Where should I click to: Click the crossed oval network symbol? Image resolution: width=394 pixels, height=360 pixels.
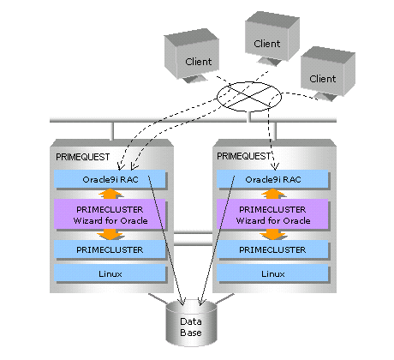click(249, 97)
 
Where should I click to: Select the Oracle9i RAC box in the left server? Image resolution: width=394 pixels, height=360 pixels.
click(110, 179)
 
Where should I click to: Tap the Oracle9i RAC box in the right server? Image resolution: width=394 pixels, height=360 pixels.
click(272, 179)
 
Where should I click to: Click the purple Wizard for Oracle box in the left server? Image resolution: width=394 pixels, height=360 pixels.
click(110, 214)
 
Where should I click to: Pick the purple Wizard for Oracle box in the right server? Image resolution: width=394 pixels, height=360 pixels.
click(272, 214)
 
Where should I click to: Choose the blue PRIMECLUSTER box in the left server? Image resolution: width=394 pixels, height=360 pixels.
click(110, 249)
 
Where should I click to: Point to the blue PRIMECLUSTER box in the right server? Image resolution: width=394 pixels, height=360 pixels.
click(272, 249)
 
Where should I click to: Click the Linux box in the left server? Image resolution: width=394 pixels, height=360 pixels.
click(110, 273)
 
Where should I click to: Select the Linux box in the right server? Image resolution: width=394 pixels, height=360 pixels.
click(272, 273)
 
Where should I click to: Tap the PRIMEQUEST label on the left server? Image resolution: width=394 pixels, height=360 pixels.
click(82, 157)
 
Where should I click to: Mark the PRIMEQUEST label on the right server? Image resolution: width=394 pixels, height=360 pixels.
click(243, 156)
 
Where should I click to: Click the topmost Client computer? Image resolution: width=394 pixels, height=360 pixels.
click(272, 39)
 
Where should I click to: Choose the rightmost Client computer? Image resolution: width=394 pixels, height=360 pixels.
click(328, 74)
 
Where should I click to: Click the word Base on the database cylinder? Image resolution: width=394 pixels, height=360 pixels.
click(191, 333)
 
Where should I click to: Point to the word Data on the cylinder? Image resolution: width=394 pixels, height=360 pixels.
click(191, 321)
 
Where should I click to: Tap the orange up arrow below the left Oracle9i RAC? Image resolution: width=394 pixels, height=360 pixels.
click(110, 194)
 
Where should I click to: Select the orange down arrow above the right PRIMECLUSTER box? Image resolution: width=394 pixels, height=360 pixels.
click(273, 235)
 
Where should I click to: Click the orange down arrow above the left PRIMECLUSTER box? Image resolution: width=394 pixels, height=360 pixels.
click(110, 235)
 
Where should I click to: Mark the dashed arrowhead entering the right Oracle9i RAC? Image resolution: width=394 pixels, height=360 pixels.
click(275, 166)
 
